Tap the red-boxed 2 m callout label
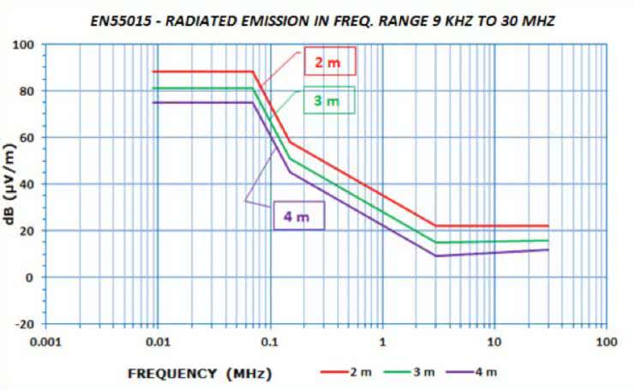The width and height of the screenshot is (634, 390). (329, 63)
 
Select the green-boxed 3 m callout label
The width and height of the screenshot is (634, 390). (326, 101)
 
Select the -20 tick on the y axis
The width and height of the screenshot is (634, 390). (25, 324)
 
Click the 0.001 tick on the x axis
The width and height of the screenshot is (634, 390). (45, 342)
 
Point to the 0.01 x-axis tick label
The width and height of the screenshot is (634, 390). (158, 342)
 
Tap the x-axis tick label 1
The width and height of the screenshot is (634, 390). (382, 342)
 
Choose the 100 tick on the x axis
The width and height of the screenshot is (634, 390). (606, 342)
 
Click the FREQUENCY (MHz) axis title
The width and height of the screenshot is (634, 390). (199, 373)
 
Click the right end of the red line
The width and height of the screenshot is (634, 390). (547, 226)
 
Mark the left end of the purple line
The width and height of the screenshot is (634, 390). (153, 103)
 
